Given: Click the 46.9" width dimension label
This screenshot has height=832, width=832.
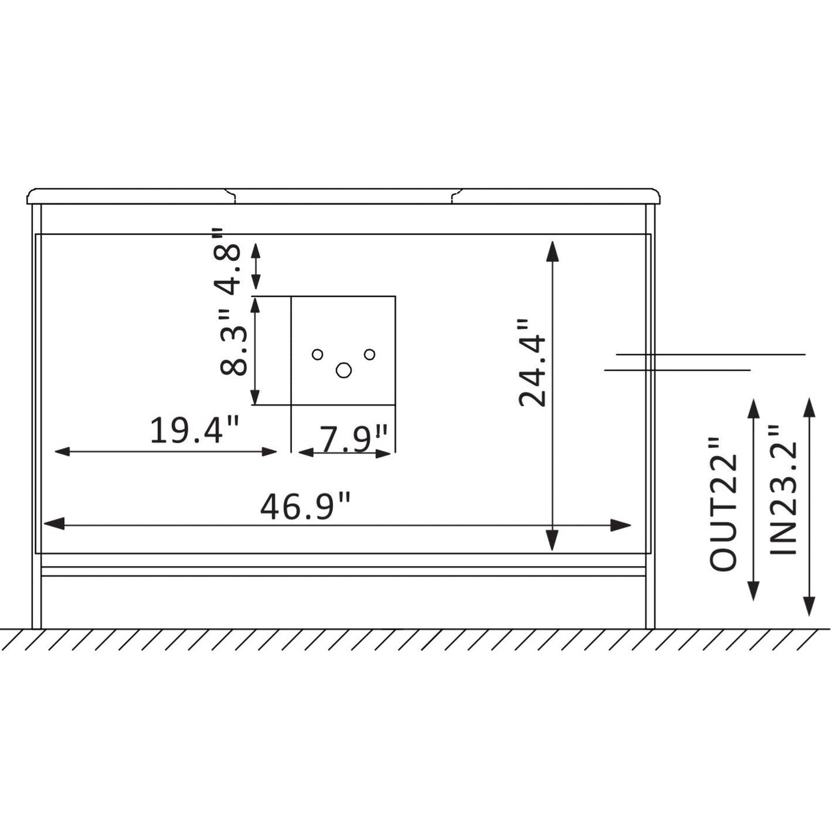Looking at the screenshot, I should click(x=305, y=506).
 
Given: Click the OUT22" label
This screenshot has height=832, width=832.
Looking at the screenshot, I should click(x=723, y=504).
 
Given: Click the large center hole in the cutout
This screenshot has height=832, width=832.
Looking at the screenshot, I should click(x=344, y=371).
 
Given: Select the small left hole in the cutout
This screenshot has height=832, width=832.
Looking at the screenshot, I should click(x=317, y=354).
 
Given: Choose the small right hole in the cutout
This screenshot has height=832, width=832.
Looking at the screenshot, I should click(x=370, y=354).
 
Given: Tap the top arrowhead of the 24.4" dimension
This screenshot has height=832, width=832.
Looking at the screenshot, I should click(x=552, y=250).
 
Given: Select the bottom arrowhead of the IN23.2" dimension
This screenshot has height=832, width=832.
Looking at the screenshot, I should click(x=809, y=607).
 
